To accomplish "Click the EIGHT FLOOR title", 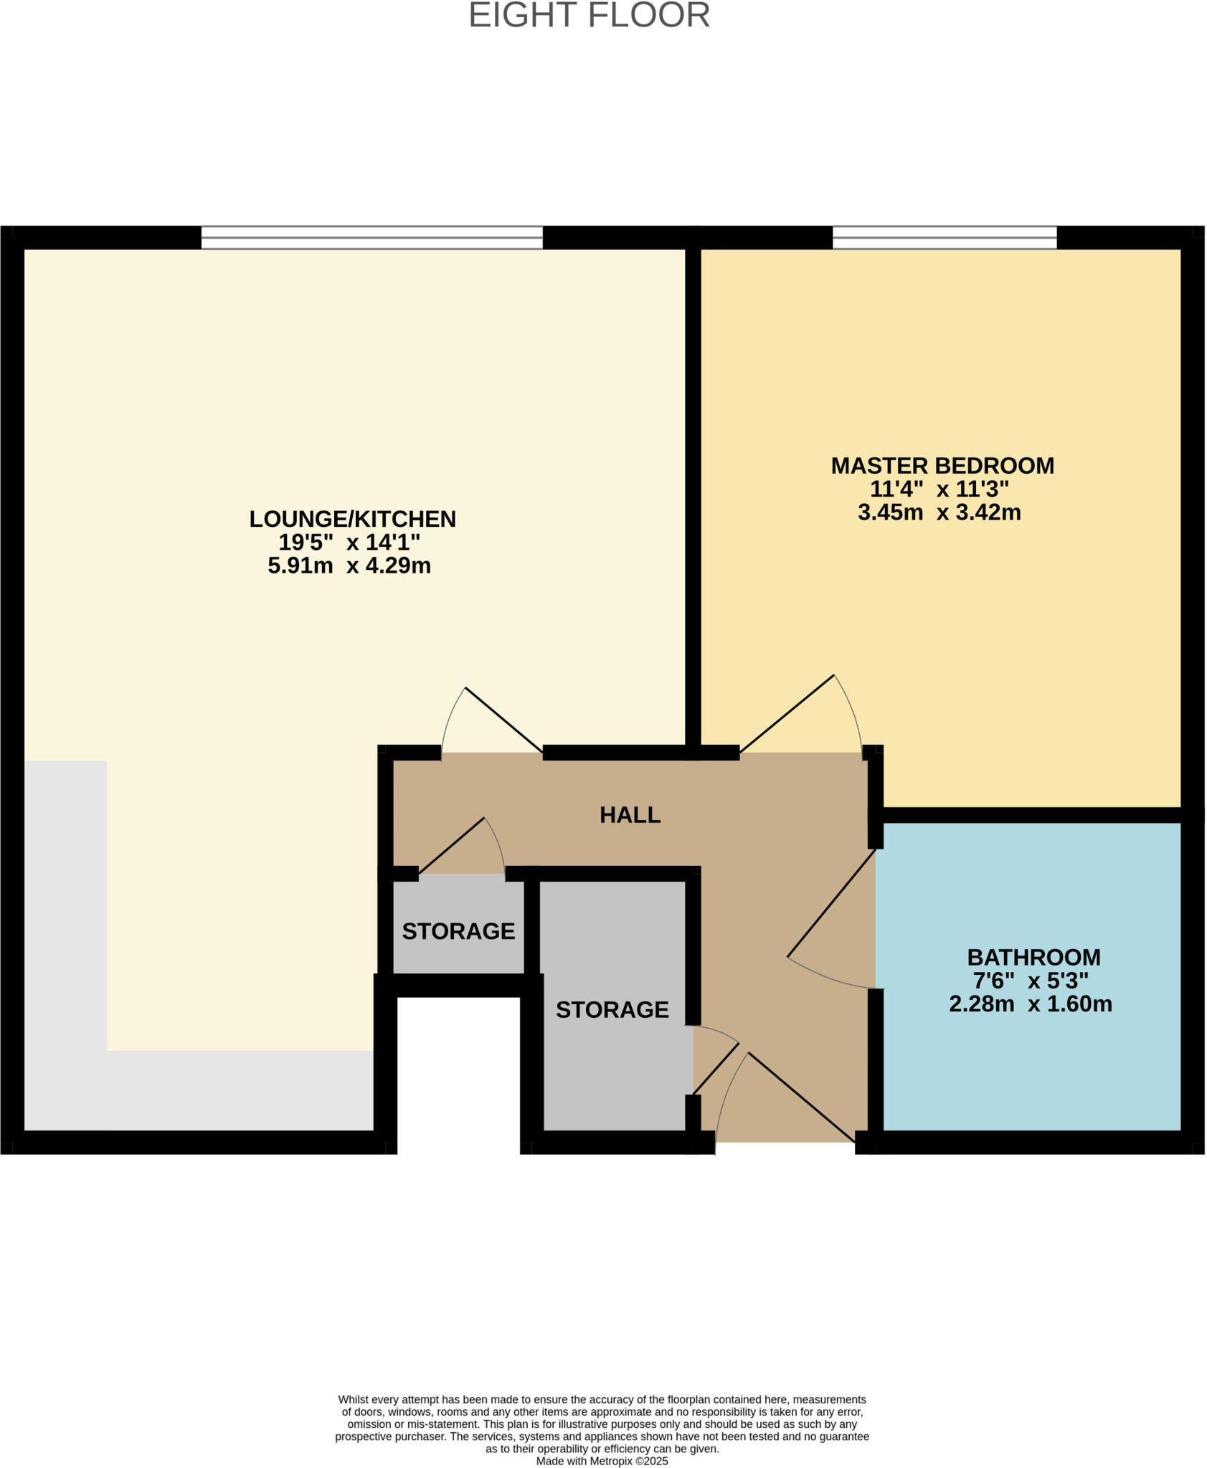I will [589, 16].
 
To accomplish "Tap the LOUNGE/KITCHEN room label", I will [352, 519].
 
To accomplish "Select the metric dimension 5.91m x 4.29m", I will [349, 566].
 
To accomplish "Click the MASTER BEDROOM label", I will [942, 466].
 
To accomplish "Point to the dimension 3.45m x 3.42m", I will [939, 513].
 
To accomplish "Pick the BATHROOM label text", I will [1033, 957].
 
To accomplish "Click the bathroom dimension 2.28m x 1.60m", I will [1030, 1004].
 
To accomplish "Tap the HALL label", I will [630, 815].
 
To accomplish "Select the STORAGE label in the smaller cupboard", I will [458, 931].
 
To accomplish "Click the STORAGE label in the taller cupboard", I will [612, 1009].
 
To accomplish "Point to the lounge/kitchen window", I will [371, 237].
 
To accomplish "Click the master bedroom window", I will [944, 237].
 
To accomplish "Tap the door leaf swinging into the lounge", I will [503, 720].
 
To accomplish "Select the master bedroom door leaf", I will [787, 714].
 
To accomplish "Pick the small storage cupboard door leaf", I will [451, 846].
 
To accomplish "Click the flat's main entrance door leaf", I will [801, 1097].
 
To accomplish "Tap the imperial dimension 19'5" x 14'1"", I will [349, 542].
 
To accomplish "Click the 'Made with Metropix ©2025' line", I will [602, 1461].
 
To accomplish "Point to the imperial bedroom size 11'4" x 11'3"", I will [939, 490].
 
